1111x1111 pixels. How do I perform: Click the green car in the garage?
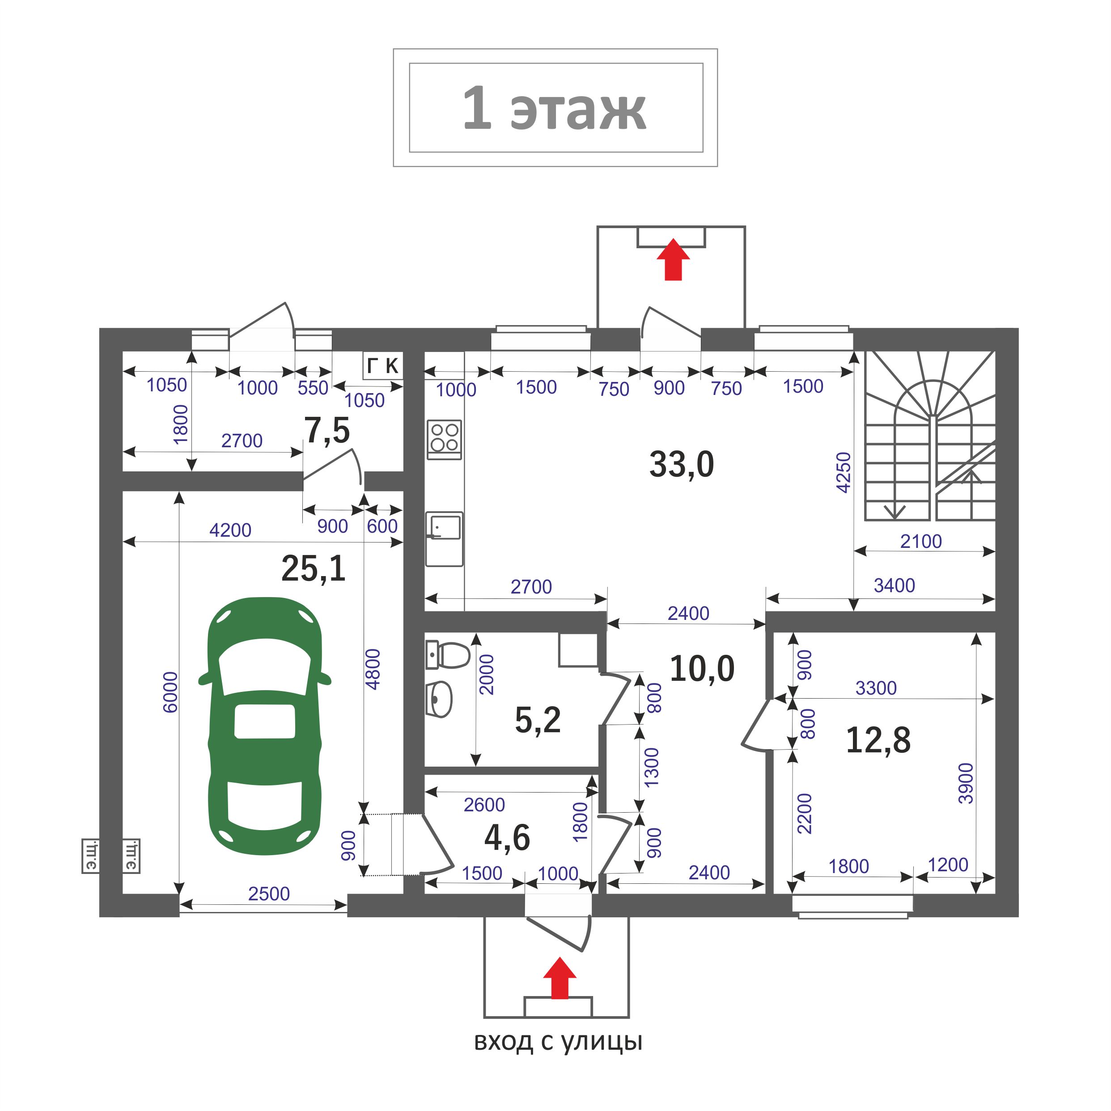click(264, 726)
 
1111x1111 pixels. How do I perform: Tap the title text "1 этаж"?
click(555, 108)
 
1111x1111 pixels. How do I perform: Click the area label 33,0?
click(682, 465)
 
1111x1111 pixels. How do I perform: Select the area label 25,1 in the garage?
click(314, 569)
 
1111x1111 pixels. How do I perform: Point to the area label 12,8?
click(878, 740)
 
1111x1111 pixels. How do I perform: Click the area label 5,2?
click(538, 720)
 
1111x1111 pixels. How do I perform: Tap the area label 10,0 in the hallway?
click(702, 669)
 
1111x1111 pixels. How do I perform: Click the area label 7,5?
click(327, 431)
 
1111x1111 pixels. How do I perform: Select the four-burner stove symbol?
click(445, 439)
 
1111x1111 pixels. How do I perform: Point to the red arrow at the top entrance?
click(673, 259)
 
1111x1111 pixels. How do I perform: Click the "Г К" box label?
click(382, 366)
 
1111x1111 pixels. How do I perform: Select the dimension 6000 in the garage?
click(170, 692)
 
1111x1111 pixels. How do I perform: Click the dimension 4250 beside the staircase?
click(843, 473)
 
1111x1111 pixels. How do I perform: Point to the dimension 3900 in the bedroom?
click(966, 783)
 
